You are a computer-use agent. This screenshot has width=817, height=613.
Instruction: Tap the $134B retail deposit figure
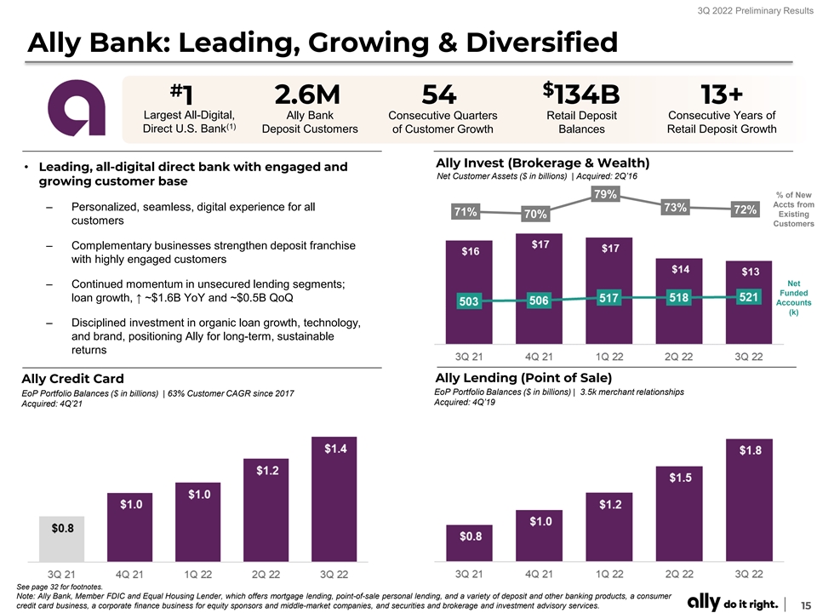[x=581, y=94]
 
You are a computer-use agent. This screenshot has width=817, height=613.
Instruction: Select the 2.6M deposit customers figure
[x=307, y=95]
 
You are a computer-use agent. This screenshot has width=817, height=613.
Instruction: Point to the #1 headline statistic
[x=181, y=95]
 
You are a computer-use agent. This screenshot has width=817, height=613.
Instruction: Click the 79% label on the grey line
[x=605, y=194]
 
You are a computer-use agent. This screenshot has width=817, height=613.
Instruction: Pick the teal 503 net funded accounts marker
[x=468, y=301]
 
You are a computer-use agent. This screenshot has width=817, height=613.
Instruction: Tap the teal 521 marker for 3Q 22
[x=749, y=297]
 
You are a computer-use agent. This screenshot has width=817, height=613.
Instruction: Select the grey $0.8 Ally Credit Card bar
[x=62, y=539]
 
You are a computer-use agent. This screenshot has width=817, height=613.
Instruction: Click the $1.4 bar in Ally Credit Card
[x=334, y=500]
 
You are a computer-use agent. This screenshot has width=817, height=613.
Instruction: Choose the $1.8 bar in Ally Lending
[x=749, y=500]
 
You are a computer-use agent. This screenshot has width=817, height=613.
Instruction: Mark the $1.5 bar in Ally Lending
[x=679, y=514]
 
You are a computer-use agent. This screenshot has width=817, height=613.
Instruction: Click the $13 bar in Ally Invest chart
[x=749, y=302]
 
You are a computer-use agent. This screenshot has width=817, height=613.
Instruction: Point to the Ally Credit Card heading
[x=73, y=379]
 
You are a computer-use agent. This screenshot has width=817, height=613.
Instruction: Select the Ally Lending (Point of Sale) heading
[x=523, y=378]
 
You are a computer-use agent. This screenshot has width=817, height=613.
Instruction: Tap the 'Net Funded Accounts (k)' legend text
[x=793, y=298]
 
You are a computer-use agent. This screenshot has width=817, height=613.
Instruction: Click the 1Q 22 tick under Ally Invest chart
[x=609, y=357]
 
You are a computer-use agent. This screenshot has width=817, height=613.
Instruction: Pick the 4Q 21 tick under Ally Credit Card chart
[x=129, y=575]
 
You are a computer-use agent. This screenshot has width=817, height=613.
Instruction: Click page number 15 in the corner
[x=806, y=604]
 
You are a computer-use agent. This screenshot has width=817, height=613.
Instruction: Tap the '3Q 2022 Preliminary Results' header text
[x=755, y=10]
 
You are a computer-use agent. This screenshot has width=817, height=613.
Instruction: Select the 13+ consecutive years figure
[x=721, y=95]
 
